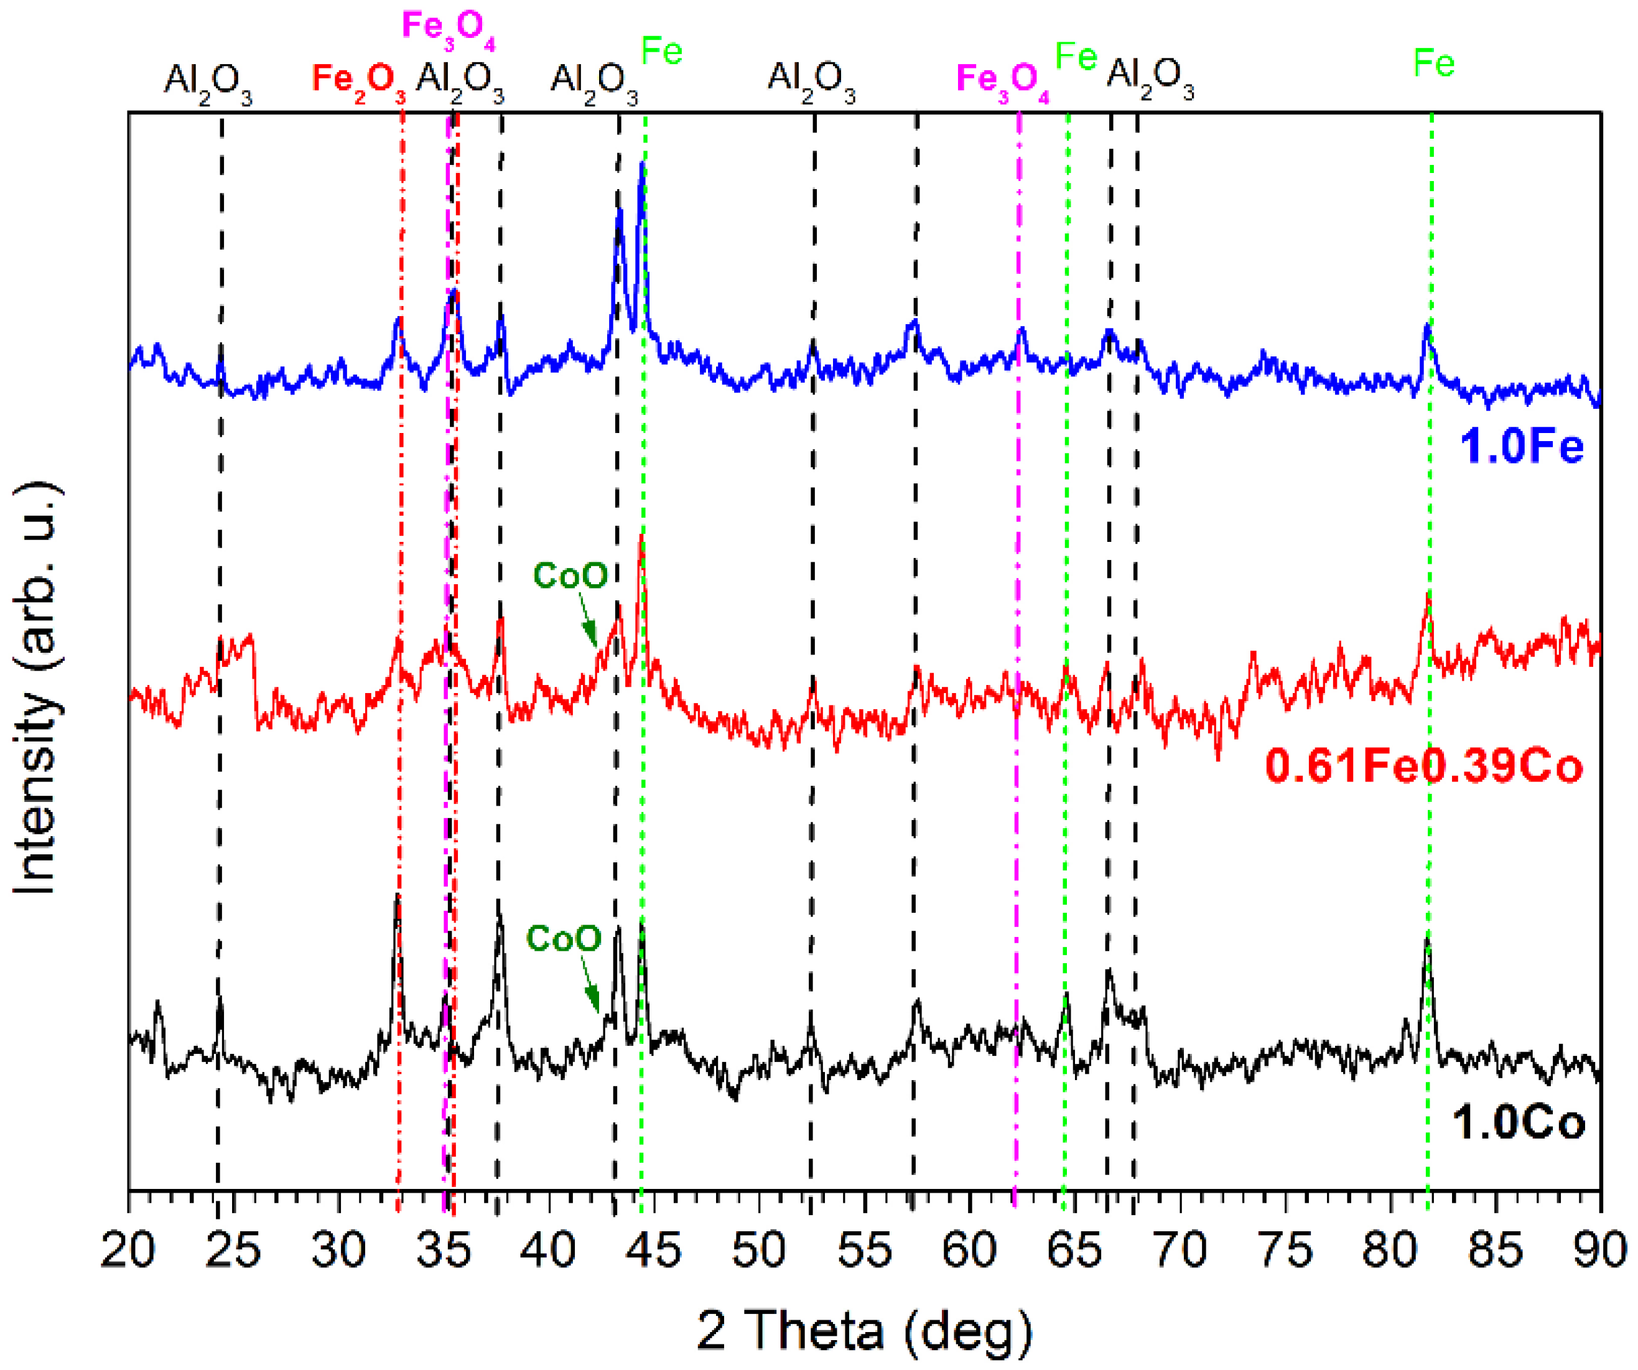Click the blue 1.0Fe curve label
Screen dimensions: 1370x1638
(1522, 447)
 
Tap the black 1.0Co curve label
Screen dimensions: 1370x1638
(1518, 1124)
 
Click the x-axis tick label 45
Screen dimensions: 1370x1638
(654, 1251)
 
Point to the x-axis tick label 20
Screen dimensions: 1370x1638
(129, 1251)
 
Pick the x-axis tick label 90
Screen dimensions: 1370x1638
(1599, 1251)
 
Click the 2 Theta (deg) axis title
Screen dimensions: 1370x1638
(864, 1331)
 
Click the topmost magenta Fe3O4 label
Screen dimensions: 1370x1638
(448, 28)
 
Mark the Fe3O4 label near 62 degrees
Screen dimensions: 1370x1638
(1002, 80)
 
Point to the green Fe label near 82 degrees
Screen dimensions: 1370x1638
(1434, 62)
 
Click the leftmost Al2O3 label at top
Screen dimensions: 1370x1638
(208, 80)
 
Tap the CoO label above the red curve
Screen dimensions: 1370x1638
(570, 575)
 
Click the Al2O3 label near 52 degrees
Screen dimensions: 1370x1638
(811, 80)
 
